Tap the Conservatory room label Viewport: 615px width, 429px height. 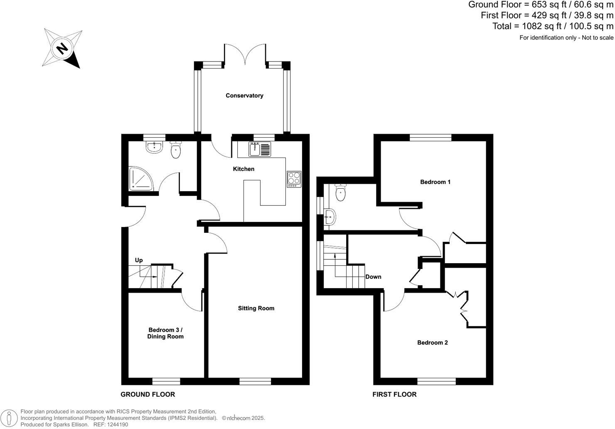click(x=244, y=96)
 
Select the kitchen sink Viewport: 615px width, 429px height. click(x=260, y=149)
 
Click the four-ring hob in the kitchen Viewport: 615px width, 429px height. click(x=294, y=179)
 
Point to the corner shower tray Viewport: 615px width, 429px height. click(x=140, y=179)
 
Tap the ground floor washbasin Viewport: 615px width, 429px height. click(x=154, y=146)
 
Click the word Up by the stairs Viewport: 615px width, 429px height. click(x=139, y=260)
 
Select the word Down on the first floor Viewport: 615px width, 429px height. click(x=373, y=277)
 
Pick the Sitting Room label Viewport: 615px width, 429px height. click(x=256, y=308)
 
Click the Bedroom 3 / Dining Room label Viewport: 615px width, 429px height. click(x=165, y=333)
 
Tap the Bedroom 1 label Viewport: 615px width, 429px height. click(x=435, y=182)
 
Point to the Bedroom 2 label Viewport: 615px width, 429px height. click(x=433, y=343)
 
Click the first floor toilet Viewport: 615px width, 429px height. click(x=340, y=193)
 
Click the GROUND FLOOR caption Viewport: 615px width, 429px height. click(x=148, y=394)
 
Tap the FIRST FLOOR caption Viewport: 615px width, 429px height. click(x=394, y=394)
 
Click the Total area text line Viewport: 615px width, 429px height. click(x=553, y=26)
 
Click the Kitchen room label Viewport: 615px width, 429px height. click(x=244, y=169)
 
